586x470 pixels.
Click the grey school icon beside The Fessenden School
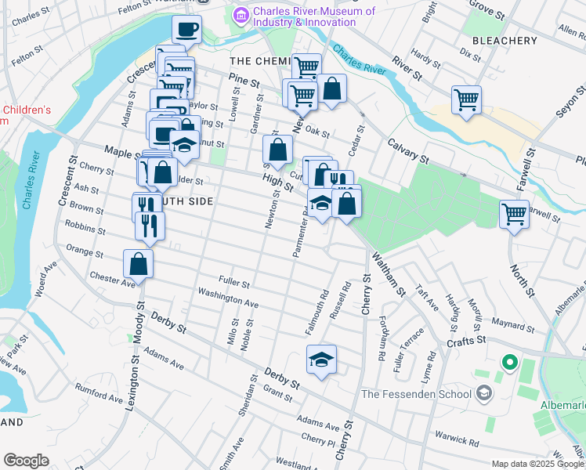point(484,393)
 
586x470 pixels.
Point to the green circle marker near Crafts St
point(510,363)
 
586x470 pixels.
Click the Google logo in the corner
point(26,461)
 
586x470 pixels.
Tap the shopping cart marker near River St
point(466,99)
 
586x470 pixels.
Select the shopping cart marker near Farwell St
point(514,212)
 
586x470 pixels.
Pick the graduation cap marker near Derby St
point(321,359)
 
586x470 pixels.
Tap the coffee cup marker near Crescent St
point(187,30)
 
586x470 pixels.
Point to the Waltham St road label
point(388,273)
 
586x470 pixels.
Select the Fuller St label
point(234,284)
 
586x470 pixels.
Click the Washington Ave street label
point(228,298)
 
